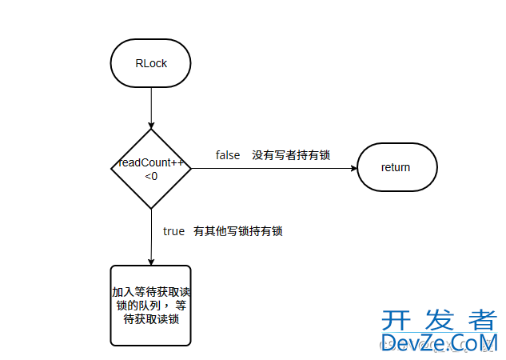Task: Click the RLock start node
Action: (150, 63)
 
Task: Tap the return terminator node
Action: (396, 168)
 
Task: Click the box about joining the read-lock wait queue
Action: (150, 305)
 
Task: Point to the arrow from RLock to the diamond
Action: (150, 108)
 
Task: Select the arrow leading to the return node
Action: (272, 168)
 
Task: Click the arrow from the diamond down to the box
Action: (150, 237)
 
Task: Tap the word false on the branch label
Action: (228, 155)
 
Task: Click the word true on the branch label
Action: (173, 231)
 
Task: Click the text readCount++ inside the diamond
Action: (152, 162)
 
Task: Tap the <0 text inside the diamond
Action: (151, 175)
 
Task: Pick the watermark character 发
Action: (442, 321)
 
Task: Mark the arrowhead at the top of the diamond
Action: (150, 125)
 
